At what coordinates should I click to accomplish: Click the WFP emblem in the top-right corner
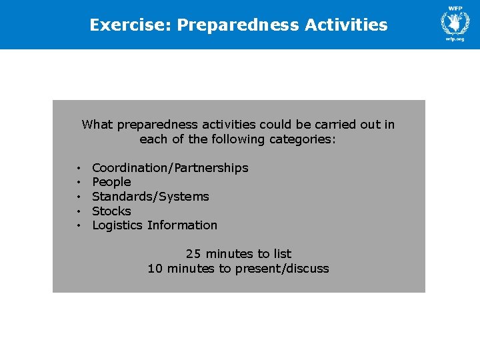[455, 21]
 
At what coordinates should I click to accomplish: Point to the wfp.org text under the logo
[455, 39]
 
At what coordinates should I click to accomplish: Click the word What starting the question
[96, 125]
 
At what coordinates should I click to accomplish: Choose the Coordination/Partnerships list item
[170, 168]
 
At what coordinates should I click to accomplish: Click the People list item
[111, 182]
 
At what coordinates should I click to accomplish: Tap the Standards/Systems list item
[151, 197]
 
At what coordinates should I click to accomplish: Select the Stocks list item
[111, 211]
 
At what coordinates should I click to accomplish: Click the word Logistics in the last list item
[117, 225]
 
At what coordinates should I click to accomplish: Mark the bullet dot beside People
[79, 183]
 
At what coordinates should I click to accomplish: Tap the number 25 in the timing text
[193, 254]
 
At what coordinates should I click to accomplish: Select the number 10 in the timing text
[155, 269]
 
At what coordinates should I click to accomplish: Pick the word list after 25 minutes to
[282, 254]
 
